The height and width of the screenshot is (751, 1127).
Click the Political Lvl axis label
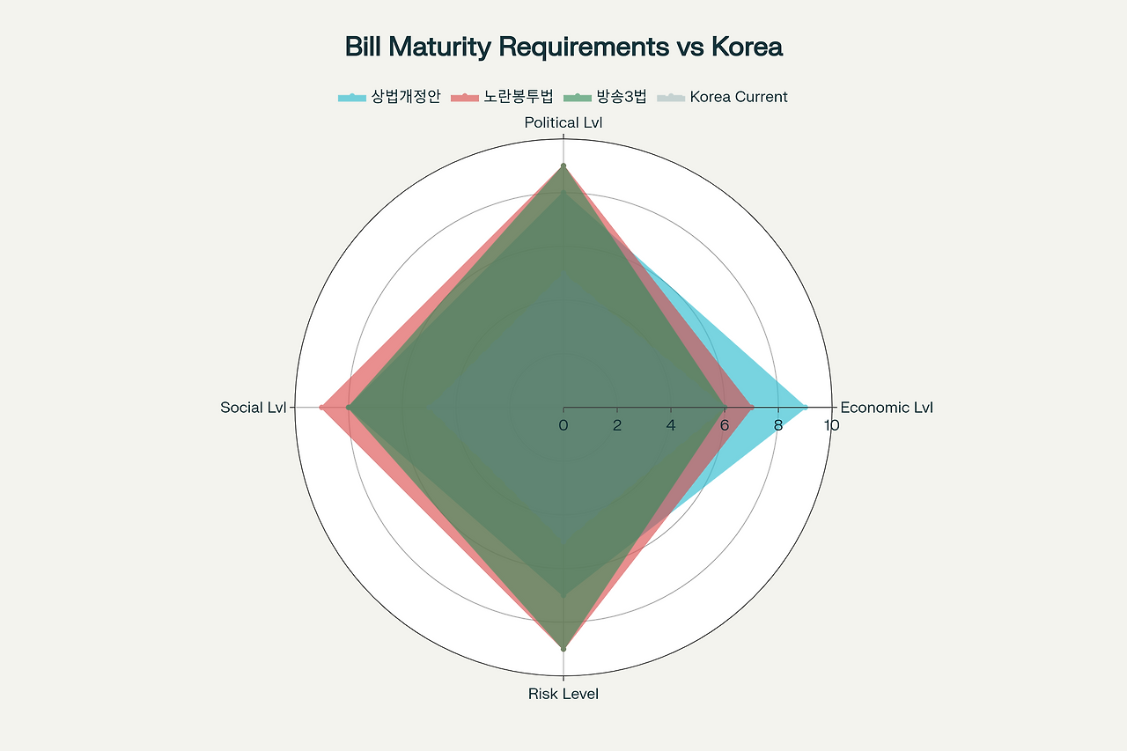click(x=563, y=123)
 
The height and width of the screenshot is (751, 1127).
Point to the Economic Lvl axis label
click(x=887, y=408)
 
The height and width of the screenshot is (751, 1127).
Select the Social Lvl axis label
click(x=254, y=408)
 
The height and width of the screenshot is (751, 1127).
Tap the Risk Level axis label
click(x=563, y=694)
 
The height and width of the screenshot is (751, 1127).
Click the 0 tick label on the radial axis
click(x=563, y=426)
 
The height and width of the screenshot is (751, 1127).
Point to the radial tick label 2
click(x=617, y=426)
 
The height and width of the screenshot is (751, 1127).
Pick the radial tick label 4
click(x=671, y=426)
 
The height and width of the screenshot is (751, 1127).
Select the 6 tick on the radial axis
click(x=725, y=426)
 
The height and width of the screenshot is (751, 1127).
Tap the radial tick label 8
click(x=778, y=426)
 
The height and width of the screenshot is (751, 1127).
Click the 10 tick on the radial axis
click(x=831, y=426)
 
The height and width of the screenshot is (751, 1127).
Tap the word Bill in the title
click(x=364, y=47)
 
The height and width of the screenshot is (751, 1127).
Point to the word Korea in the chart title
click(x=747, y=47)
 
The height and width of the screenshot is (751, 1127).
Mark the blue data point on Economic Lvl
click(x=805, y=408)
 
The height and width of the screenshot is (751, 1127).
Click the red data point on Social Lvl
click(x=322, y=408)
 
